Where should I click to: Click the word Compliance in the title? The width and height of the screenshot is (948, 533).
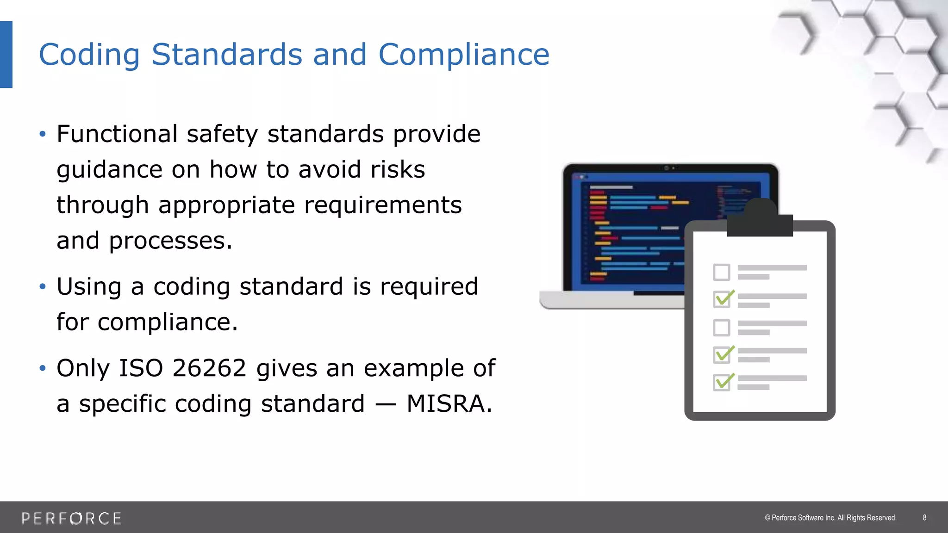(464, 55)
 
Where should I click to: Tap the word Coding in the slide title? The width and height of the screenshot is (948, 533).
(89, 55)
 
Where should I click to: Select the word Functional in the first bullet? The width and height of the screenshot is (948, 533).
(117, 134)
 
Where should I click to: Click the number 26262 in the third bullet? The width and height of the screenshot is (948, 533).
(209, 368)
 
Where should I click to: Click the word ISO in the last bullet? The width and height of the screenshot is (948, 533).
(141, 368)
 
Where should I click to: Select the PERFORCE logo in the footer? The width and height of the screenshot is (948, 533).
(72, 518)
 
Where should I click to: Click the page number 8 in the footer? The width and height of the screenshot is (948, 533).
(924, 518)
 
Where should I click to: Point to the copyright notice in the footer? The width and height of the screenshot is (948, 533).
(830, 518)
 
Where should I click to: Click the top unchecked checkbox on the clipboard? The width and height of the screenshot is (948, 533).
(721, 272)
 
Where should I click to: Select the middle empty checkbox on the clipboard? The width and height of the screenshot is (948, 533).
(721, 328)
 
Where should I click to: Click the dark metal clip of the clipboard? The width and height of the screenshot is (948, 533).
(760, 219)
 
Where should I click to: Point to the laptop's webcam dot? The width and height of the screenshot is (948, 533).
(667, 168)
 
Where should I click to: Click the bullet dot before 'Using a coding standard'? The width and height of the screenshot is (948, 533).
(43, 287)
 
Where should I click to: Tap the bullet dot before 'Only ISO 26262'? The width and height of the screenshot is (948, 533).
(43, 368)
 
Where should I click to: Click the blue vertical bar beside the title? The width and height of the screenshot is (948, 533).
(6, 55)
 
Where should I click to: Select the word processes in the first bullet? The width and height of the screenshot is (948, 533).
(170, 241)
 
